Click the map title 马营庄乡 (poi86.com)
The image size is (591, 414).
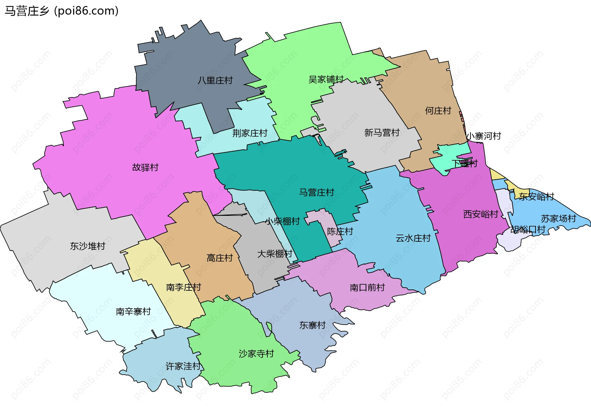click(62, 11)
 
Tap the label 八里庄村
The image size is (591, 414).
click(215, 80)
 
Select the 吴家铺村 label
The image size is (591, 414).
click(326, 80)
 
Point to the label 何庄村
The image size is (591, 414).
click(438, 111)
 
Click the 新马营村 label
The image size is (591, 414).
click(382, 133)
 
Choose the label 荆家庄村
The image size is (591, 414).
click(250, 133)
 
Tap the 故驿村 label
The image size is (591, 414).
click(145, 167)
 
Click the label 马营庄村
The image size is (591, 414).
click(316, 192)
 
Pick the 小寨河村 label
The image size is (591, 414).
click(484, 136)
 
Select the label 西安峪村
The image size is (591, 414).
click(480, 214)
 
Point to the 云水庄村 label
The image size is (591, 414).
click(413, 238)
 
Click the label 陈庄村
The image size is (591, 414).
click(340, 231)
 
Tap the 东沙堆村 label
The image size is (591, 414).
click(88, 246)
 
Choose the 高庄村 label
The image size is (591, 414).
click(220, 258)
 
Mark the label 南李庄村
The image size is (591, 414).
click(183, 287)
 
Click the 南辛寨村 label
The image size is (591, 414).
click(133, 312)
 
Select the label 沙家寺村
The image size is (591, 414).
click(256, 354)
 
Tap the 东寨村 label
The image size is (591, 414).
click(312, 325)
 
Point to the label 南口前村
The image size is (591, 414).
click(367, 288)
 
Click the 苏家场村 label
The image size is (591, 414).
click(558, 219)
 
